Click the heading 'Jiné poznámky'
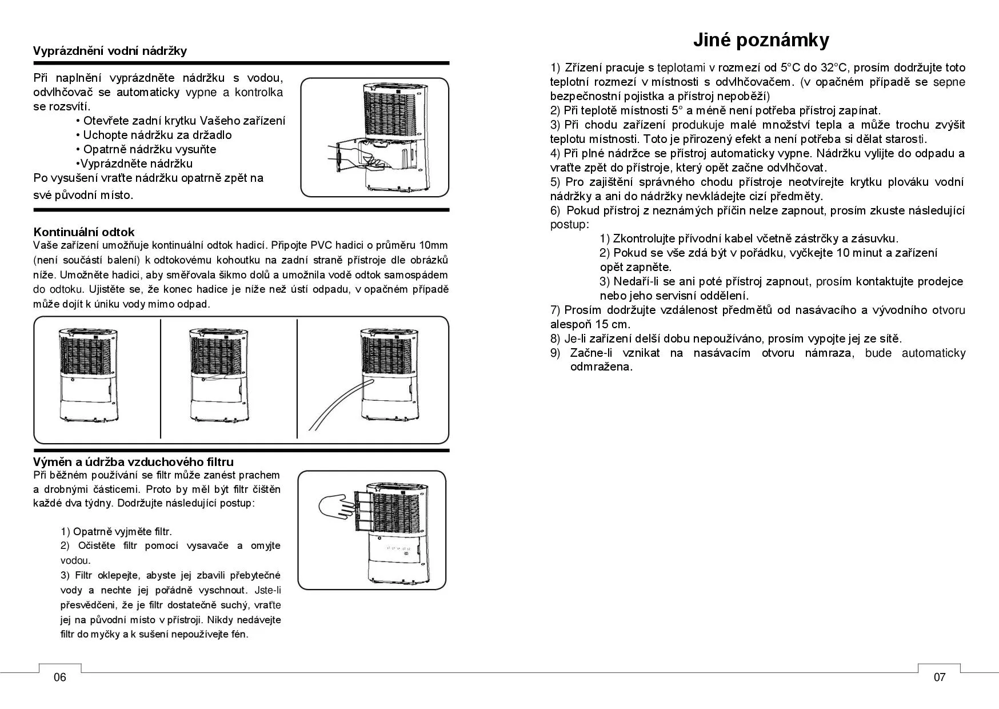click(x=761, y=40)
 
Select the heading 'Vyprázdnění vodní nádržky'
click(x=110, y=51)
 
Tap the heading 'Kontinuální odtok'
click(x=84, y=232)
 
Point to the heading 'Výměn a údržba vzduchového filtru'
click(x=133, y=461)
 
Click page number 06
click(x=60, y=678)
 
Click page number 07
click(x=940, y=678)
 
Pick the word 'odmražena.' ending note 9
click(x=601, y=367)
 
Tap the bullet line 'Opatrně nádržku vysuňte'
click(x=150, y=149)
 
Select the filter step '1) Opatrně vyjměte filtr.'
click(x=116, y=532)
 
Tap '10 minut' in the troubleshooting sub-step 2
click(x=860, y=253)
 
